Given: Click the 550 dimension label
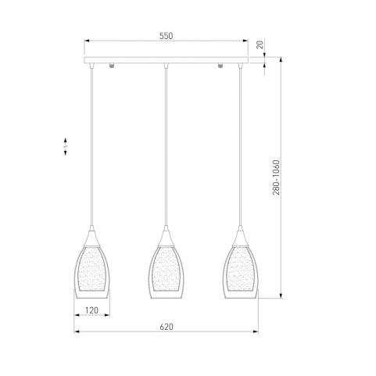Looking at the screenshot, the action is click(x=166, y=36).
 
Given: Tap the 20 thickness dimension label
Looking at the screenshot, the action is click(x=260, y=45).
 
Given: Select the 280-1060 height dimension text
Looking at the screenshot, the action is click(x=276, y=177).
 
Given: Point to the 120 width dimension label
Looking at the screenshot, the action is click(x=91, y=310).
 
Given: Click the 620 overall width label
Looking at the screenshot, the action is click(x=167, y=327).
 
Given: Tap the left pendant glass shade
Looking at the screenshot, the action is click(x=92, y=272).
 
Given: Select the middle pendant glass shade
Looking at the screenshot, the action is click(x=166, y=272).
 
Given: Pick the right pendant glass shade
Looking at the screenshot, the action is click(x=240, y=272).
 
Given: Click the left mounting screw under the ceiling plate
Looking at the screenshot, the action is click(x=112, y=65).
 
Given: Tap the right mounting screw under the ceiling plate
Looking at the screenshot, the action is click(x=220, y=65).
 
